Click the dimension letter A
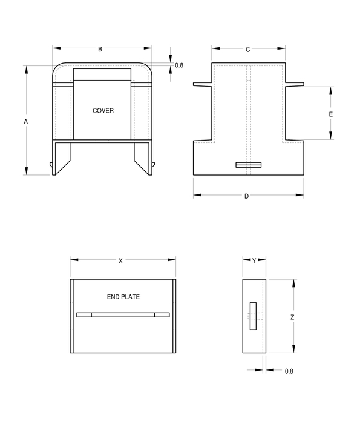[25, 121]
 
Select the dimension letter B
[100, 49]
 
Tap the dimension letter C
[247, 50]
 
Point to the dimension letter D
[246, 196]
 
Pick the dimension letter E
[331, 114]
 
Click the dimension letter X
[120, 260]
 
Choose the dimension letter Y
[254, 260]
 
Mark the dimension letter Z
[292, 317]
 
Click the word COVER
[103, 111]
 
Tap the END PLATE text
[123, 297]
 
